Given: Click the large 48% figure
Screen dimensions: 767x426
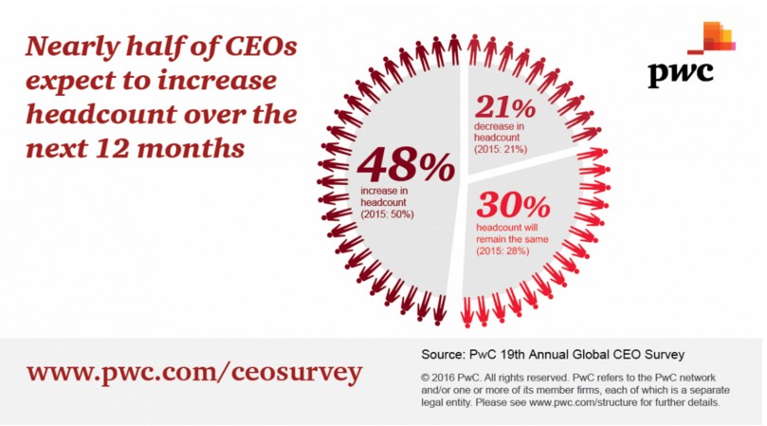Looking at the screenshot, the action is (406, 165).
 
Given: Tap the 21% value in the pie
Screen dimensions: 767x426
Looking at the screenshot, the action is (505, 107).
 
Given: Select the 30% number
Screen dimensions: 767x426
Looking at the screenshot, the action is (514, 205).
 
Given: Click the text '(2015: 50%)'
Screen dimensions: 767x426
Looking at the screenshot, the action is (388, 214).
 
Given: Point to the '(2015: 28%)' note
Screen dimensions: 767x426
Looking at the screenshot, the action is (502, 250).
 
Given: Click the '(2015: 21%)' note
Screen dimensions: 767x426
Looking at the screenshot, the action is (501, 149).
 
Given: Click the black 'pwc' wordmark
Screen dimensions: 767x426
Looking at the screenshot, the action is (681, 74).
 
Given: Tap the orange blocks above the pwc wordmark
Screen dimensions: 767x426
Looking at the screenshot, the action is (712, 37).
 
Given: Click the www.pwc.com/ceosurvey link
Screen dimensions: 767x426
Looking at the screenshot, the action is (194, 373).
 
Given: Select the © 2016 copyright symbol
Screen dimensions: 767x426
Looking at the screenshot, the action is (426, 378).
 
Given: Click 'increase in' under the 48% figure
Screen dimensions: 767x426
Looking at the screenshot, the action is (384, 191).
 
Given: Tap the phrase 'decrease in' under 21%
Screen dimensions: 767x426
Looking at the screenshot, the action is (499, 126).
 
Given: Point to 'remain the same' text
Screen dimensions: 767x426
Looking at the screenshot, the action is (512, 239).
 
